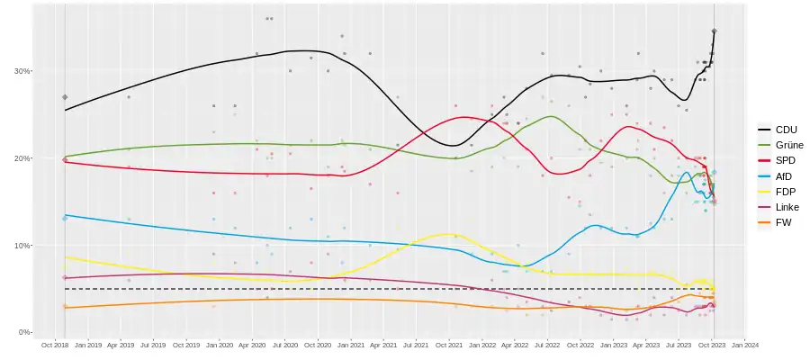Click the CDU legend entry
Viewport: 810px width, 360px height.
tap(786, 130)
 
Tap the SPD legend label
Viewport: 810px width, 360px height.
tap(786, 160)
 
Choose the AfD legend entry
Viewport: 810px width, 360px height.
tap(784, 175)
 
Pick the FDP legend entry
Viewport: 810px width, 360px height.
tap(786, 192)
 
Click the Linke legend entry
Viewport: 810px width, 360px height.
tap(787, 207)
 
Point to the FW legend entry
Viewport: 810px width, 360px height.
tap(783, 222)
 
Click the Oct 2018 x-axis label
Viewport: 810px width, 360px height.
tap(55, 344)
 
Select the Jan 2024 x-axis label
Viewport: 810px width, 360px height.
tap(744, 344)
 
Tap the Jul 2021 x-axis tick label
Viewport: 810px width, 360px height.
tap(416, 344)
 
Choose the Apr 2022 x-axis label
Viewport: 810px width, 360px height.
tap(514, 344)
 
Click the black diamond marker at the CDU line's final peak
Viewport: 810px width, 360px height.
tap(714, 31)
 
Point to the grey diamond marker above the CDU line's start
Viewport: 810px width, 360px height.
tap(65, 97)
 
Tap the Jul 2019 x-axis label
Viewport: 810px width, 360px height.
tap(153, 344)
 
